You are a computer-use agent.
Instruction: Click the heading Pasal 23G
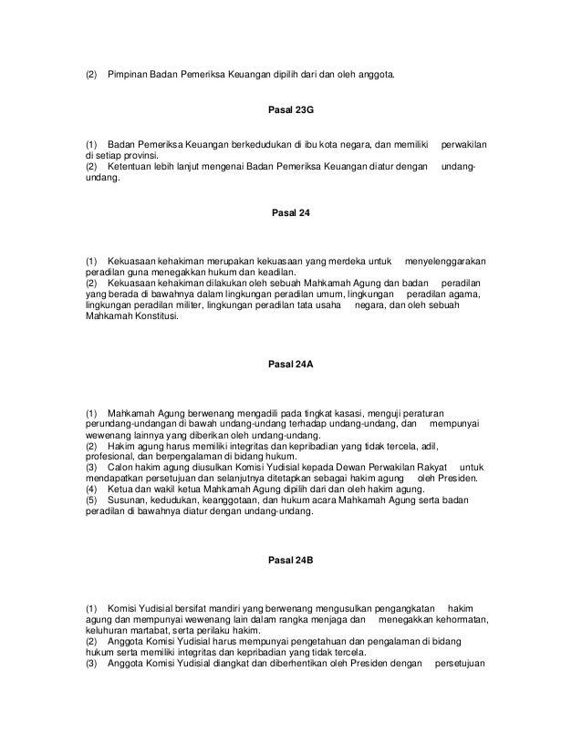tap(291, 108)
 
